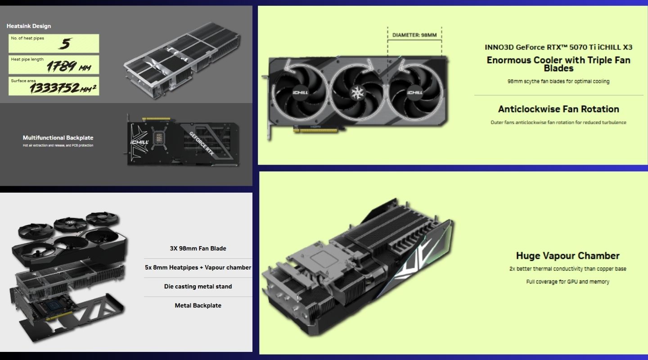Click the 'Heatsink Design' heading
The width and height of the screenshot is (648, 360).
click(29, 26)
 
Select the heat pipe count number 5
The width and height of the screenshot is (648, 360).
click(66, 44)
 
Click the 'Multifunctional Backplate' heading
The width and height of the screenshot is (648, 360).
click(58, 138)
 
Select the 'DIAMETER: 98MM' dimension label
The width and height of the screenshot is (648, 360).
click(414, 35)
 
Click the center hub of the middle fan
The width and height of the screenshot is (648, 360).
click(358, 92)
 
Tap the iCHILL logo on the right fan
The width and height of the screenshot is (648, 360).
click(414, 93)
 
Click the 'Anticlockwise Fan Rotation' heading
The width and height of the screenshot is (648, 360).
click(558, 109)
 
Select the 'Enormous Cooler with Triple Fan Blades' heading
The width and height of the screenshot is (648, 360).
click(558, 64)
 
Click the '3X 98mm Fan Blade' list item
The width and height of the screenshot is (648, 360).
click(198, 248)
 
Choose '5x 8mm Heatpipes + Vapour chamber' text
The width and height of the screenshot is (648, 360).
click(198, 267)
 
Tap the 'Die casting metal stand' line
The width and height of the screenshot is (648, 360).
click(198, 286)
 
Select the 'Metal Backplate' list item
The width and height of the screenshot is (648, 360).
click(198, 306)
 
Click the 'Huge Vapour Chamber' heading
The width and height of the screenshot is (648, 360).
click(567, 256)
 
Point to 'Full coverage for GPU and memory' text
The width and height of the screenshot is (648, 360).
click(567, 282)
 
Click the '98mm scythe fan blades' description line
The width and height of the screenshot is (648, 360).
click(558, 81)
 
